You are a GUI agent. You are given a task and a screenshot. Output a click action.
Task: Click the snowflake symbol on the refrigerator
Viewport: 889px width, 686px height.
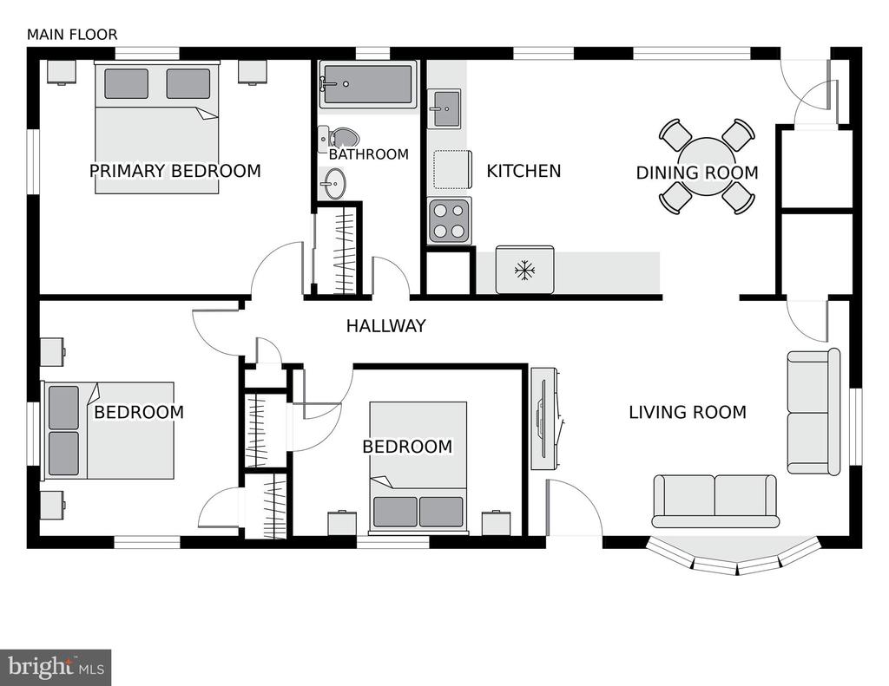[x=525, y=271]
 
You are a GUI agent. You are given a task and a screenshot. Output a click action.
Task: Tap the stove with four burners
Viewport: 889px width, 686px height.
[x=449, y=221]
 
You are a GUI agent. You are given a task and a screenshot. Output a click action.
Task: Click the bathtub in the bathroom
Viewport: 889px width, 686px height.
[x=368, y=84]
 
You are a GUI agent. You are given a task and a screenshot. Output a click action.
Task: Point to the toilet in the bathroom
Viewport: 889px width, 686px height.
[x=339, y=137]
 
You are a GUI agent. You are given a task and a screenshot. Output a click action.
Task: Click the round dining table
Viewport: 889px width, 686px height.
[x=707, y=166]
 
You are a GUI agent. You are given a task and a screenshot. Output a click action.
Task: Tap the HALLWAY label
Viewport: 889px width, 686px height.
[x=386, y=326]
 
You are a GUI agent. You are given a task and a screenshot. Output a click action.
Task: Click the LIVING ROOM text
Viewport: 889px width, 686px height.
[x=688, y=412]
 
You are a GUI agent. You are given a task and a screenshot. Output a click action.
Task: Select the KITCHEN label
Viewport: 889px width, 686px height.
[x=524, y=171]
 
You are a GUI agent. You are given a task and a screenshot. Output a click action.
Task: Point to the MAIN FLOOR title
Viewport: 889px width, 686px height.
[x=73, y=35]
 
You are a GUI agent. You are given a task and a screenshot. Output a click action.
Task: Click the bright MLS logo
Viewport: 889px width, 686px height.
[x=56, y=667]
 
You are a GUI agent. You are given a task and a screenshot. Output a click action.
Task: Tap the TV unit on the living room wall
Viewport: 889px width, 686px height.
[x=545, y=419]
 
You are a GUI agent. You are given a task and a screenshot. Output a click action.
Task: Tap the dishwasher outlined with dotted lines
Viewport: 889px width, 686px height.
[x=452, y=169]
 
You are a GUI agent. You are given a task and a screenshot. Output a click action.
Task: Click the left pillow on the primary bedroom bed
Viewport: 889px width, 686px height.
[x=127, y=84]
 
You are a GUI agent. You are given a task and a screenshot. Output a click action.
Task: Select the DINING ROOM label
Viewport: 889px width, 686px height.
[x=697, y=173]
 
